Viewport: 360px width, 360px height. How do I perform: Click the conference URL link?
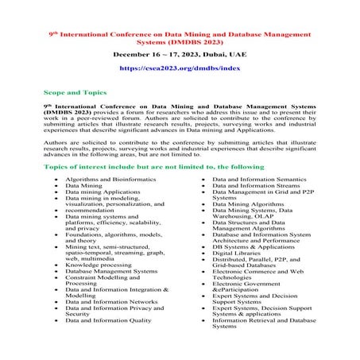(x=180, y=69)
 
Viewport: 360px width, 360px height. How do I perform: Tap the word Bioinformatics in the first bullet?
(x=130, y=181)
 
